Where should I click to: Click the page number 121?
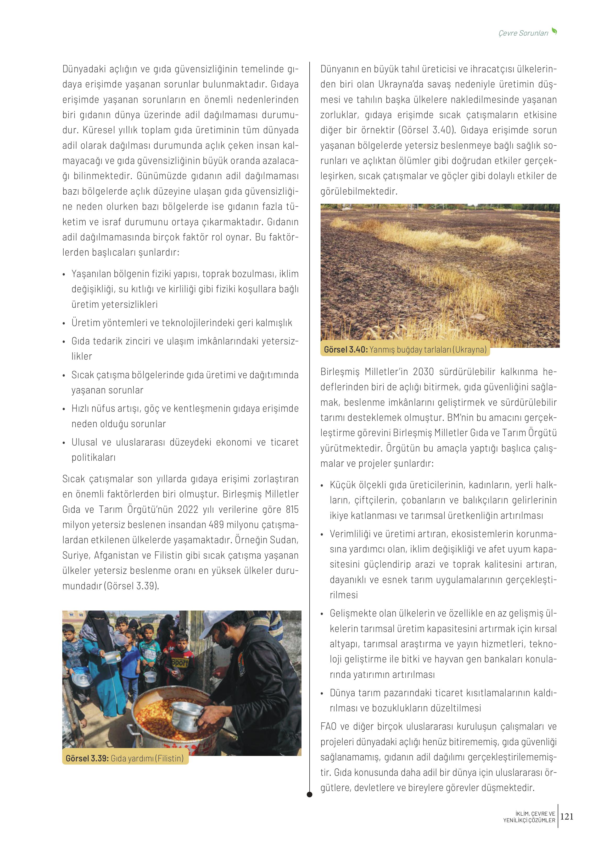pyautogui.click(x=567, y=816)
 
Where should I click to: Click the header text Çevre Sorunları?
pyautogui.click(x=523, y=33)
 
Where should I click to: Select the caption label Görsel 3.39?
pyautogui.click(x=87, y=758)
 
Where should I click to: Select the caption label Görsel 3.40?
pyautogui.click(x=345, y=349)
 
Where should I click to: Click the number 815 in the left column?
pyautogui.click(x=292, y=509)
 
